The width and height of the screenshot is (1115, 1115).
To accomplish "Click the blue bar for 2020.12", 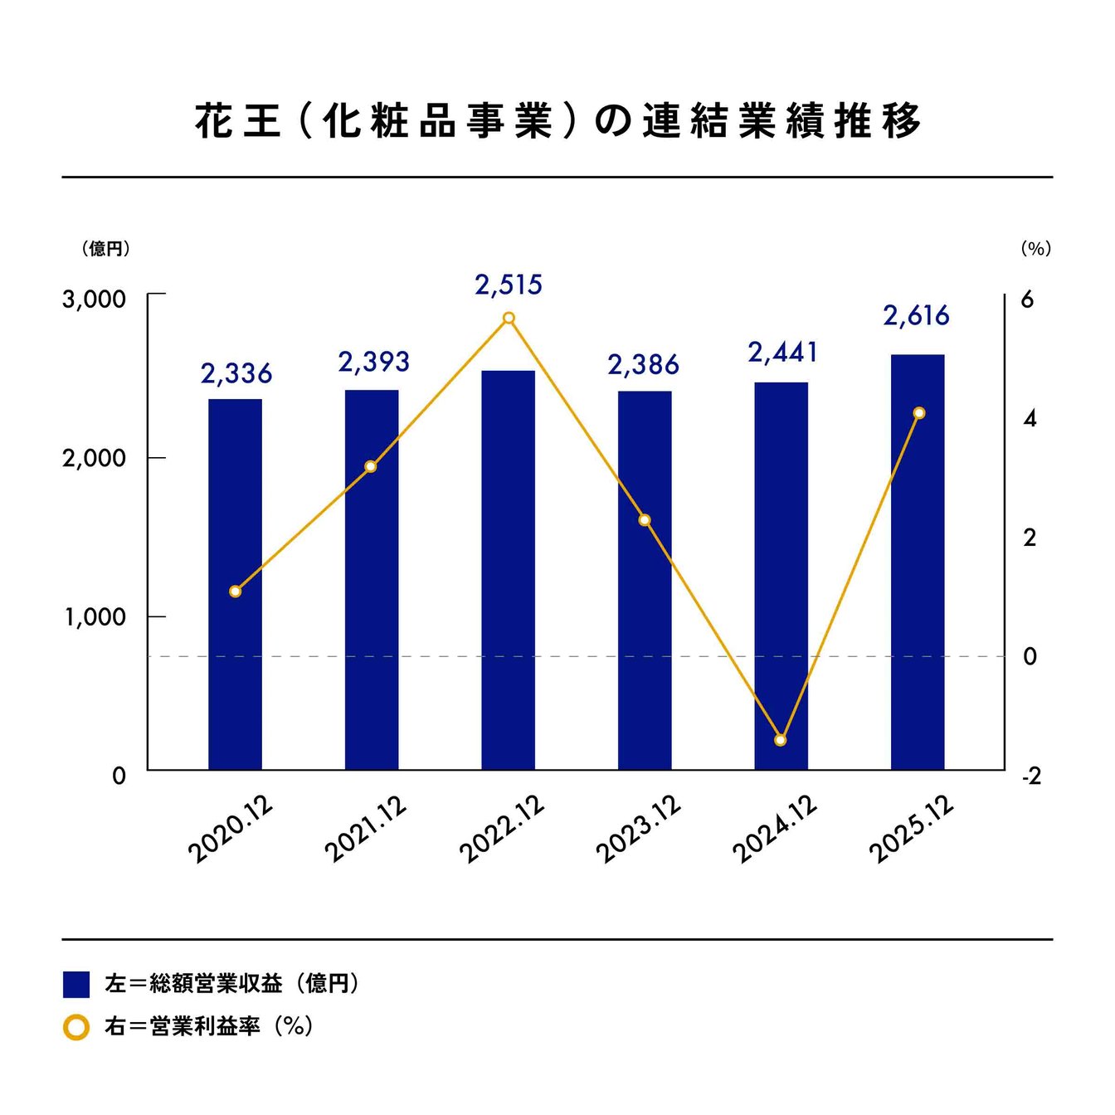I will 235,584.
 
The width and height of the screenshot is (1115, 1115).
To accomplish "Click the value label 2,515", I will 509,285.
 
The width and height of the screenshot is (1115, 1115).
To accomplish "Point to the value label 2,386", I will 643,365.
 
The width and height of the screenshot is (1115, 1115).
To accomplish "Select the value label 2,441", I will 782,353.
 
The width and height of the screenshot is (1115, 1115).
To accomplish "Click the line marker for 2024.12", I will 780,739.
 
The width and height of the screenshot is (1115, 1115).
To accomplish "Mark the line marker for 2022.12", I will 509,319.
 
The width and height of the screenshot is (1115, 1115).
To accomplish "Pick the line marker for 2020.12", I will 235,592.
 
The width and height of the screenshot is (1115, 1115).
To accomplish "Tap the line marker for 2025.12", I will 918,413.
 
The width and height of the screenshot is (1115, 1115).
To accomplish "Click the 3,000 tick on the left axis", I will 94,299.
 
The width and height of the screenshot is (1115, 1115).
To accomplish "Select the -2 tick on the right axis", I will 1030,777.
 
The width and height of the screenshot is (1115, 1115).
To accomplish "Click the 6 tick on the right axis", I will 1028,299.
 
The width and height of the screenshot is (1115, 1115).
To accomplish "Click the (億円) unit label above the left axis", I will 105,249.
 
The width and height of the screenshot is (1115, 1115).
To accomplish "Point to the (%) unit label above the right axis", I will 1035,249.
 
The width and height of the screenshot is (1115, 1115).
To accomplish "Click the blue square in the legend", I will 76,984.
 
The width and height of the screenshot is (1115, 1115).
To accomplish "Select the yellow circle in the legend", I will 76,1027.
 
